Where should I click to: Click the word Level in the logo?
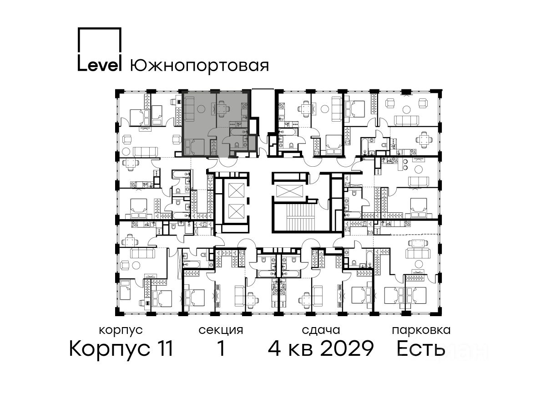pyautogui.click(x=99, y=66)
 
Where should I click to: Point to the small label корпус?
pyautogui.click(x=121, y=330)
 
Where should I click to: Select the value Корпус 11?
pyautogui.click(x=121, y=348)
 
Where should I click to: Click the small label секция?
pyautogui.click(x=221, y=331)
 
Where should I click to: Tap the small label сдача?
pyautogui.click(x=321, y=330)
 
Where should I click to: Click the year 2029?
pyautogui.click(x=347, y=348)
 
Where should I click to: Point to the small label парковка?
pyautogui.click(x=421, y=331)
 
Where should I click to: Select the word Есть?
pyautogui.click(x=420, y=348)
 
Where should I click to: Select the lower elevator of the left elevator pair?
pyautogui.click(x=236, y=211)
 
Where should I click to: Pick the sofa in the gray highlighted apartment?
pyautogui.click(x=190, y=109)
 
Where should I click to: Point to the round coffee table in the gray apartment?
pyautogui.click(x=201, y=109)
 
